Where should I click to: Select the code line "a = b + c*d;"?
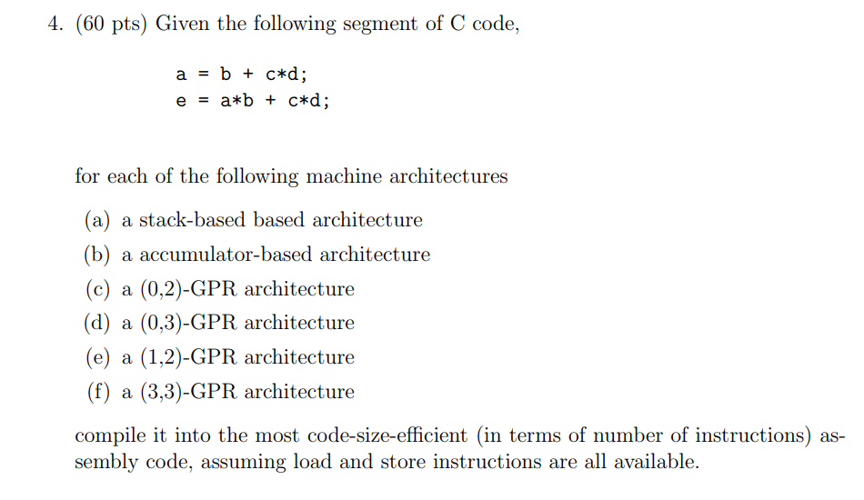pos(247,75)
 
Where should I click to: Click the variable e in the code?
pos(181,101)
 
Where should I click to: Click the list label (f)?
pos(96,392)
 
